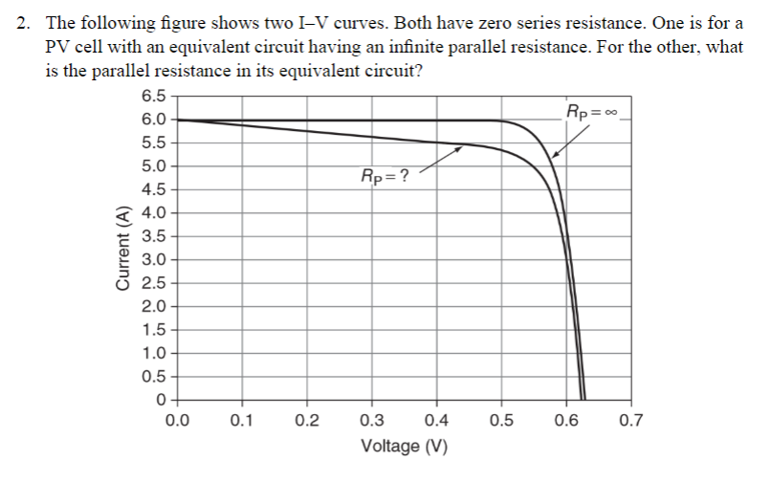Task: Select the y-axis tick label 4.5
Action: click(152, 189)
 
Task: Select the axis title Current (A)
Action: click(121, 248)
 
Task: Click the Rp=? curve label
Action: click(384, 175)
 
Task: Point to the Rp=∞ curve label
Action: click(593, 111)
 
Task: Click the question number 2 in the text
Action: click(24, 24)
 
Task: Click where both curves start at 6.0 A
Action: click(179, 120)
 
